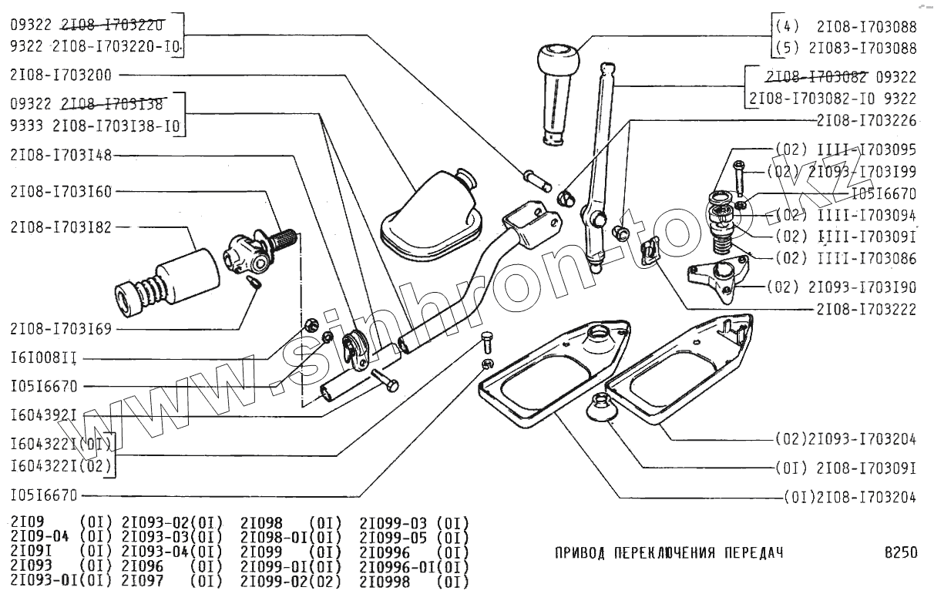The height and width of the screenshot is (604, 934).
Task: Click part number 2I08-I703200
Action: click(61, 75)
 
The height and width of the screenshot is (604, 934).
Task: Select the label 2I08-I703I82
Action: click(61, 227)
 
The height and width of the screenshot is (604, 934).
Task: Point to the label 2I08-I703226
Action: click(867, 120)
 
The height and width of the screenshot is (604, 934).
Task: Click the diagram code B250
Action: click(901, 552)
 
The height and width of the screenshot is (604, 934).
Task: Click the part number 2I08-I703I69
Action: click(61, 329)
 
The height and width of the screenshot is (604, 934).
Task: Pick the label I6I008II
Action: click(44, 358)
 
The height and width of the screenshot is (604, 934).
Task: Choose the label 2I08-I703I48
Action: click(61, 155)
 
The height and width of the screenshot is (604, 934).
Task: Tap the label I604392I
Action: click(44, 415)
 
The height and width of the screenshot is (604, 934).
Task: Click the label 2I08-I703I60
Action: click(61, 191)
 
